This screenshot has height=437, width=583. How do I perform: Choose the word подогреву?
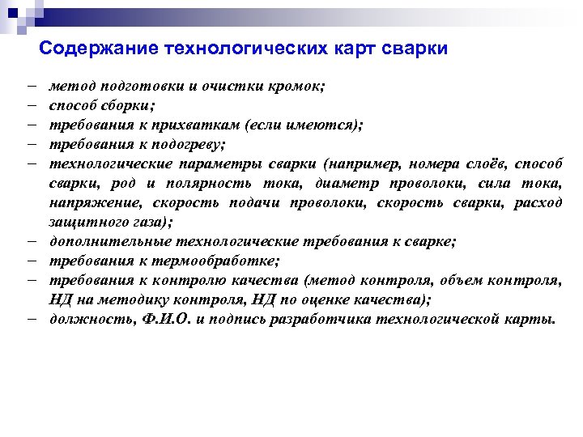(184, 144)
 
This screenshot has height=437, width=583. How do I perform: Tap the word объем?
(459, 281)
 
